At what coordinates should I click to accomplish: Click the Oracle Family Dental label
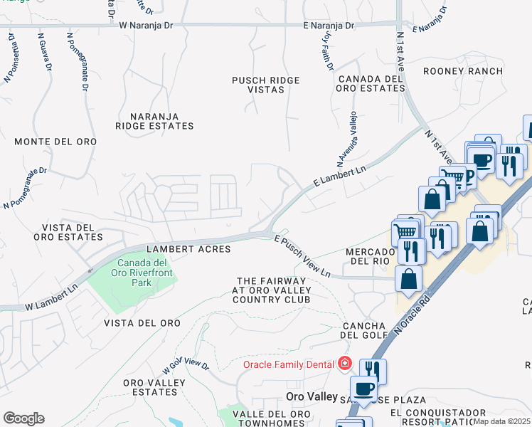point(288,364)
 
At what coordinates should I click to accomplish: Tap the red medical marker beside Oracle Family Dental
point(345,364)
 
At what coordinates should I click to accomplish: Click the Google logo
point(23,418)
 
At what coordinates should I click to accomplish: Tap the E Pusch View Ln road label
point(302,257)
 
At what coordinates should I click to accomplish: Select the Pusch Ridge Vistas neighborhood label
point(258,85)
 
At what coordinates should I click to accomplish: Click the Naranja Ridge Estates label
point(154,121)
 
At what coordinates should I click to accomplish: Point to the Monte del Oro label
point(55,142)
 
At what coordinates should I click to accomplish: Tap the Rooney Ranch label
point(462,71)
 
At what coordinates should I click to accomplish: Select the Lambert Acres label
point(188,249)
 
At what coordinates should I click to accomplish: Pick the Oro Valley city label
point(309,396)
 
